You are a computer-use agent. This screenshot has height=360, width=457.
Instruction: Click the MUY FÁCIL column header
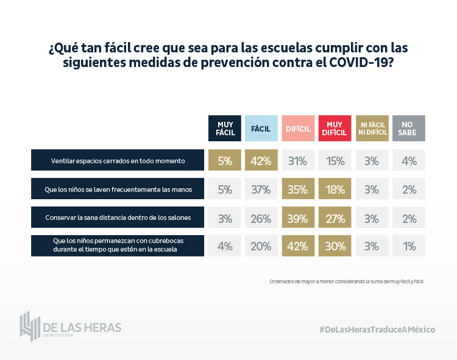(225, 129)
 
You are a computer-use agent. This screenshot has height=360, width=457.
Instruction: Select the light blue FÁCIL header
(261, 129)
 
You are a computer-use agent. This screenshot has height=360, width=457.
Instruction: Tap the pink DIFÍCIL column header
(298, 129)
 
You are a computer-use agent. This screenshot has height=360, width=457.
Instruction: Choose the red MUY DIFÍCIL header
(335, 129)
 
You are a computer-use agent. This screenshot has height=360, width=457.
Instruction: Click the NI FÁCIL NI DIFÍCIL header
(372, 129)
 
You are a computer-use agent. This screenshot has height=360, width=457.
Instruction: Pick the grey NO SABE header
(409, 129)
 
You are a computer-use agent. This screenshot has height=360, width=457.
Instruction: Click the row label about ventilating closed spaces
(118, 161)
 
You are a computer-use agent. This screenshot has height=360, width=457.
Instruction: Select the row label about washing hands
(118, 189)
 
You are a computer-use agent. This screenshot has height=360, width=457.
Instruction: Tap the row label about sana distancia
(118, 217)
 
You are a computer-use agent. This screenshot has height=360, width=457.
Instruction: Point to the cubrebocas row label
(118, 245)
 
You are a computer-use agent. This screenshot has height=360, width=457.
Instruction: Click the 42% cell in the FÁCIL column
(261, 161)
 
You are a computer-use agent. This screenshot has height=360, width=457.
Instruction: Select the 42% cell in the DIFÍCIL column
(298, 245)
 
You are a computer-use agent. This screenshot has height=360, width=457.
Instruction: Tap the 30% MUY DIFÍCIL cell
(335, 245)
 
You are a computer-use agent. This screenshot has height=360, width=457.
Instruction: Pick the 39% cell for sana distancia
(298, 217)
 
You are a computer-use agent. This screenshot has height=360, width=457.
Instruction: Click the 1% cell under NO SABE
(409, 245)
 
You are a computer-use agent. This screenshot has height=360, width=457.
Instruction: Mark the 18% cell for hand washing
(335, 189)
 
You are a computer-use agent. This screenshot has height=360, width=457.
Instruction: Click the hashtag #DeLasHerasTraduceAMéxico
(377, 329)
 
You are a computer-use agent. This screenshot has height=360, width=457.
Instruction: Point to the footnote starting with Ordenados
(345, 281)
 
